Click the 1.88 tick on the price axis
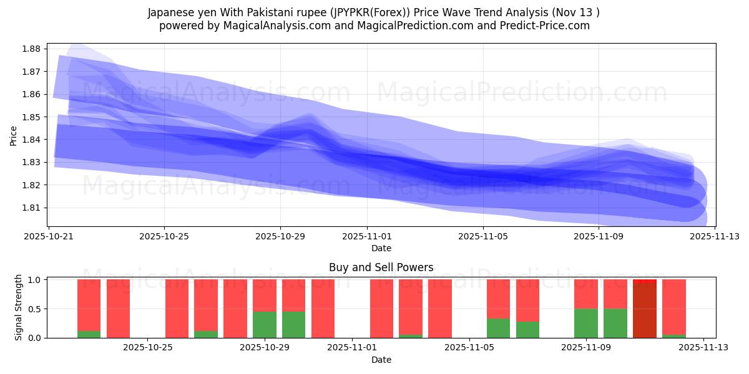32,49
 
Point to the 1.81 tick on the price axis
32,208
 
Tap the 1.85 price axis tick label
32,117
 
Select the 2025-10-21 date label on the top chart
49,236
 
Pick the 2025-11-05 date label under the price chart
482,236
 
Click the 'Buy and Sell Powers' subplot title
381,267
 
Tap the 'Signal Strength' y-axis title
19,307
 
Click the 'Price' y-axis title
14,135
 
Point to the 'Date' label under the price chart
381,248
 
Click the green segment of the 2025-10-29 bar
265,324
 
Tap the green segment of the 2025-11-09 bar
586,323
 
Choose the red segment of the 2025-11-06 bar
527,300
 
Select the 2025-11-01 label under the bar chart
353,348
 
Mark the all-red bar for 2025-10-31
323,309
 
